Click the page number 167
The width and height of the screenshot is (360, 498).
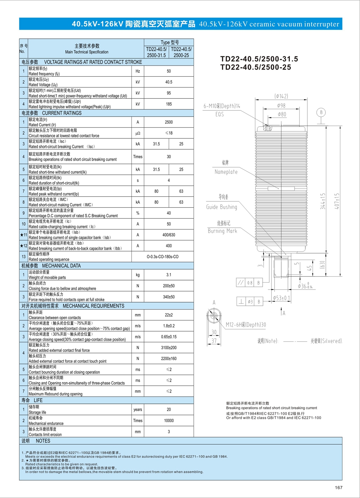tap(339, 487)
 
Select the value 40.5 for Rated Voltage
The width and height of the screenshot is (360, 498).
tap(169, 82)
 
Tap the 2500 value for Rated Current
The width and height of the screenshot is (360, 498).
tap(169, 122)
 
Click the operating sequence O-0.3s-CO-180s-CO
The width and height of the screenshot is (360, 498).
tap(162, 257)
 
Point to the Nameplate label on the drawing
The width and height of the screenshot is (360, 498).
tap(226, 172)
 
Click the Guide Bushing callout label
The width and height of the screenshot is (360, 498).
tap(221, 207)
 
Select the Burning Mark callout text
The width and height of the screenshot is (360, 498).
tap(222, 231)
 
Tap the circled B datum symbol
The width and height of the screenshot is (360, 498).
tap(321, 112)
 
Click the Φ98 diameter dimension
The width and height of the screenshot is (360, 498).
tap(281, 105)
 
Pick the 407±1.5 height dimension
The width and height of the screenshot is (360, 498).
tap(337, 201)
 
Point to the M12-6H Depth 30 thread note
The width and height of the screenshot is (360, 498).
tap(246, 325)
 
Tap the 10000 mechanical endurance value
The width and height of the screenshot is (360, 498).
tap(169, 421)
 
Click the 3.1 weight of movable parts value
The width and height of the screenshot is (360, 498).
tap(169, 275)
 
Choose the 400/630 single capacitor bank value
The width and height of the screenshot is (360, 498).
tap(169, 235)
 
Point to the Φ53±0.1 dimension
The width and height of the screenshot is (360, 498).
tap(282, 298)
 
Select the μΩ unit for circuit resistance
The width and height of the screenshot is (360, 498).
tap(138, 133)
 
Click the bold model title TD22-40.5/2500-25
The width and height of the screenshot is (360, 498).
tap(256, 67)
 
